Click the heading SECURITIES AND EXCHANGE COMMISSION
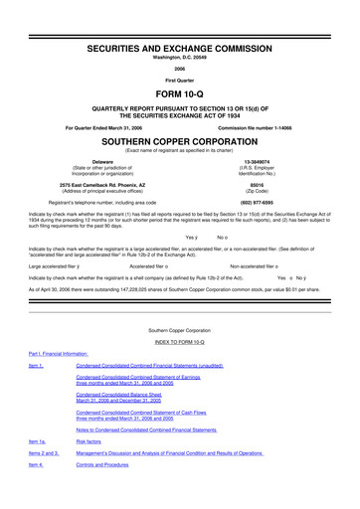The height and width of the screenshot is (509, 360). [x=179, y=19]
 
